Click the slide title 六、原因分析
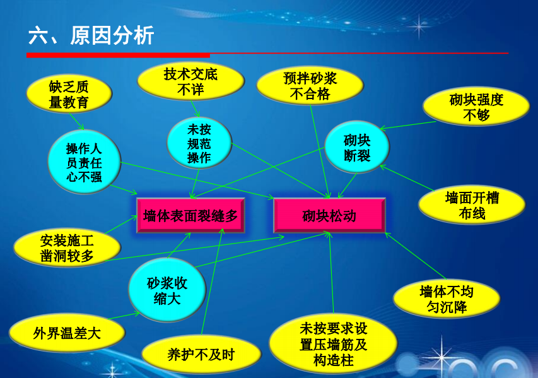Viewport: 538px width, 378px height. click(x=91, y=35)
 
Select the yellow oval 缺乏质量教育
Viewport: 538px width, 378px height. click(x=69, y=94)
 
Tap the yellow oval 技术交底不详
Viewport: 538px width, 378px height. click(x=190, y=81)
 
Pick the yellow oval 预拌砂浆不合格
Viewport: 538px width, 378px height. click(x=310, y=85)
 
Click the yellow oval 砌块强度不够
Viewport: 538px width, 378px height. click(x=476, y=107)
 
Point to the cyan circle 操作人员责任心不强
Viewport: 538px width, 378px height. click(x=84, y=162)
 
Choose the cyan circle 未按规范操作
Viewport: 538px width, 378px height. click(x=199, y=143)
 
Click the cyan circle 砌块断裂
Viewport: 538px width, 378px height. click(x=357, y=147)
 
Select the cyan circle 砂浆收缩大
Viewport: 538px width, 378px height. click(x=167, y=290)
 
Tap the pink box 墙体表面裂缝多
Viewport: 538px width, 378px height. click(x=190, y=216)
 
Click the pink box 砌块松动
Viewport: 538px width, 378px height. click(x=329, y=216)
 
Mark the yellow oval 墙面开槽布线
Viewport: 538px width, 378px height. click(x=472, y=205)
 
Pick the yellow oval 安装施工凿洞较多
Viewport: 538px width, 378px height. click(x=67, y=248)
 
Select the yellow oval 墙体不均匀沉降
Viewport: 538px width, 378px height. click(x=447, y=298)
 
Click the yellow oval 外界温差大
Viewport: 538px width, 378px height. click(x=67, y=333)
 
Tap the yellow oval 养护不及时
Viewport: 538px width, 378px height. click(x=201, y=354)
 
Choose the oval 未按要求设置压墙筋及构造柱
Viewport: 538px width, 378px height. click(x=333, y=344)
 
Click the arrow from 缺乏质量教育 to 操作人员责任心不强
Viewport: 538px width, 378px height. click(x=76, y=121)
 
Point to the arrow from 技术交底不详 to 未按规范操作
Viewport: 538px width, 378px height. click(x=195, y=109)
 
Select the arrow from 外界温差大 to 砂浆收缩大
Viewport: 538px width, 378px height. click(x=124, y=316)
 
